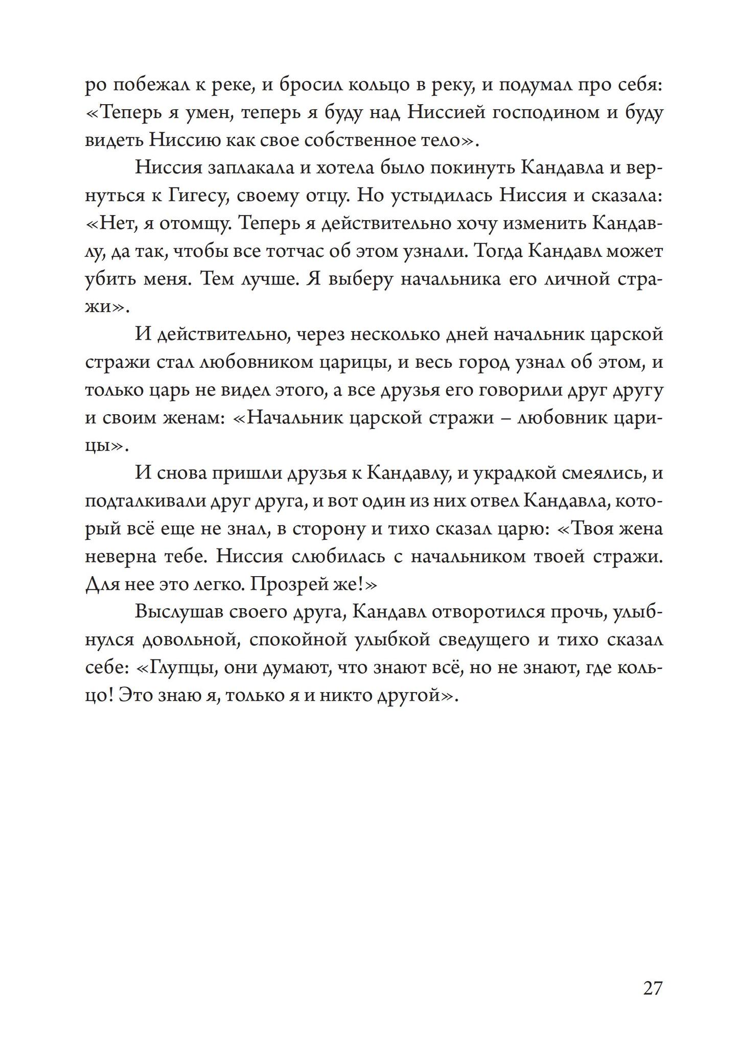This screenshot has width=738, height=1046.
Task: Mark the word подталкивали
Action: tap(145, 501)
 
